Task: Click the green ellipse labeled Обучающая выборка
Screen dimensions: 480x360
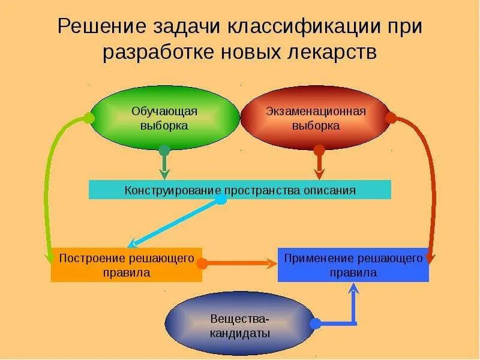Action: pos(164,118)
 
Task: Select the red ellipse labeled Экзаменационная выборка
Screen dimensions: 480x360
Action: pos(316,118)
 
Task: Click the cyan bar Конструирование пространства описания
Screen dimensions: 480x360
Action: pos(240,190)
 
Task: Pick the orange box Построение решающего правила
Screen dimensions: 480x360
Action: pos(126,265)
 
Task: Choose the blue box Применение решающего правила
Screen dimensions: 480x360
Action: pos(353,265)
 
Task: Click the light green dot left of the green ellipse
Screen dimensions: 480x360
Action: pos(89,118)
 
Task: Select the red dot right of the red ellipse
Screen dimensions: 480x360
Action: pos(391,118)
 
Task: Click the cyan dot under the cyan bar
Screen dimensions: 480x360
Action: pos(221,199)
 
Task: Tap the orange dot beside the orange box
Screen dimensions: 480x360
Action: pos(202,263)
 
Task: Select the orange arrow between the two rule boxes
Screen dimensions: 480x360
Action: pos(240,263)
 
